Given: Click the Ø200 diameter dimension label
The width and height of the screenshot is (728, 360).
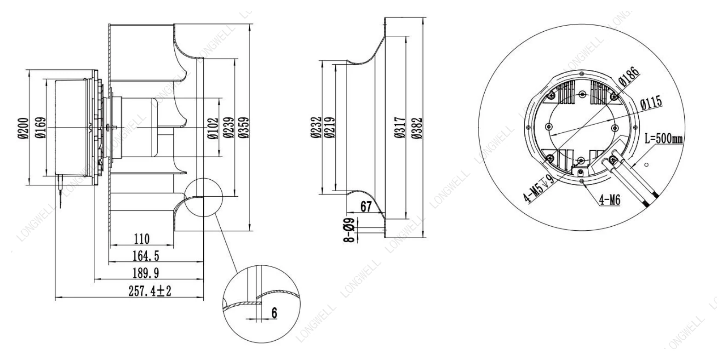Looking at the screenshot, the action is click(x=24, y=128).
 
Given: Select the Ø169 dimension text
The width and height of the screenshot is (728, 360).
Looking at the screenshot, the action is click(x=41, y=127).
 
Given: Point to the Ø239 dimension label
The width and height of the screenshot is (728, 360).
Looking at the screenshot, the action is click(x=229, y=128).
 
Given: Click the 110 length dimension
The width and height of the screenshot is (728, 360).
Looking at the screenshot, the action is click(x=142, y=239).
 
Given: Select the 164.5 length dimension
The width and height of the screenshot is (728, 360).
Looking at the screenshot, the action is click(x=146, y=256).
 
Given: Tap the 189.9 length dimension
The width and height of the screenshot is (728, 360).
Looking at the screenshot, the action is click(x=146, y=273).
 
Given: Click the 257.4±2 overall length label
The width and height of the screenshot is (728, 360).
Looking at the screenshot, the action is click(x=150, y=291).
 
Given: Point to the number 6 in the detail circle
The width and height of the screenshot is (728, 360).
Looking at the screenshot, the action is click(x=274, y=313).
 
